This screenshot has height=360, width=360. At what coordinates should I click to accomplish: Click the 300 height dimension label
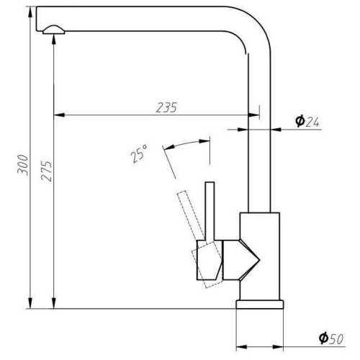point(22,165)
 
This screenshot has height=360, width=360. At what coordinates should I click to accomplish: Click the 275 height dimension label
point(46,171)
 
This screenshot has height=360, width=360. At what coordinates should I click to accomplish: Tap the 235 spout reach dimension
point(166,107)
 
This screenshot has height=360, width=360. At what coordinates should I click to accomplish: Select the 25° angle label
point(138,153)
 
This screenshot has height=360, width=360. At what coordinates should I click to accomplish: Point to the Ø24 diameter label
point(307,121)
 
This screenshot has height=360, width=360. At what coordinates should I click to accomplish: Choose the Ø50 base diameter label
point(331,338)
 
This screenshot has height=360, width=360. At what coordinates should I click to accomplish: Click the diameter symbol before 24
point(300,121)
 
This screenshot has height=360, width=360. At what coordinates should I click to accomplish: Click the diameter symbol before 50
point(323,338)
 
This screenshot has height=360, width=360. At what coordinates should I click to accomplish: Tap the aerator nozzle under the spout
point(53,30)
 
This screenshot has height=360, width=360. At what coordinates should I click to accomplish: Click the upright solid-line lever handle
point(210,212)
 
